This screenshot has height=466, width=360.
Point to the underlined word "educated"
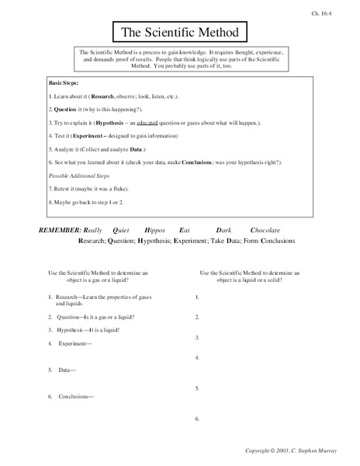(x=177, y=123)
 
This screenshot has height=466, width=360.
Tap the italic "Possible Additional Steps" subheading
(x=81, y=176)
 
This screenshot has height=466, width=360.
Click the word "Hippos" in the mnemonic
(x=156, y=230)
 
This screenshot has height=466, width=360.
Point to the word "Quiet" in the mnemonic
(x=122, y=230)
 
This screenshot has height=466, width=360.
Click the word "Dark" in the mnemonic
(x=225, y=230)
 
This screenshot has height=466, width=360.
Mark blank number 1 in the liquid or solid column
(x=197, y=297)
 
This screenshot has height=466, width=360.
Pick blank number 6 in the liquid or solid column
(x=197, y=419)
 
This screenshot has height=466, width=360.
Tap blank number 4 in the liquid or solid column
(x=197, y=358)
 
